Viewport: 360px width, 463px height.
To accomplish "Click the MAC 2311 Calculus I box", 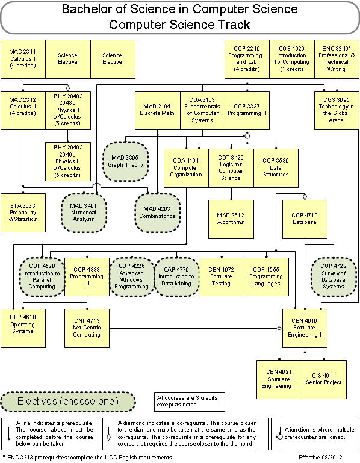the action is coord(23,59).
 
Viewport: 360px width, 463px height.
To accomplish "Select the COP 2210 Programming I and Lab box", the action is coord(247,59).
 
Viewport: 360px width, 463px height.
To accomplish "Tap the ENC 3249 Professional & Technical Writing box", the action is coord(337,59).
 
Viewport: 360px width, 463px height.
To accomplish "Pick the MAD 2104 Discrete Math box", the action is coord(157,110).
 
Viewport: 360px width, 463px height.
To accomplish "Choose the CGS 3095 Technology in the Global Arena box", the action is coord(337,110).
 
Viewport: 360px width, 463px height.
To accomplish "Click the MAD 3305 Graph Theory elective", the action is coord(125,161).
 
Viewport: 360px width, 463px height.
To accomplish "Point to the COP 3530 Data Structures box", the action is coord(276,168).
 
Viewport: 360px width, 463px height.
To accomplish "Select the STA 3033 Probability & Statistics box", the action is coord(23,213).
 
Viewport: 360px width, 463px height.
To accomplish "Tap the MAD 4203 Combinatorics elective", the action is coord(157,213).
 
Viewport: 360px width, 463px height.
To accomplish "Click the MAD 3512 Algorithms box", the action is coord(231,219).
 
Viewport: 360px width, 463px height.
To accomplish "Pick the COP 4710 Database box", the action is coord(305,219).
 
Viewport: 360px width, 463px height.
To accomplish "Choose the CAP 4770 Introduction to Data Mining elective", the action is coord(176,277).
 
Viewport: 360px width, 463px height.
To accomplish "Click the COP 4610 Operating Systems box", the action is coord(23,328).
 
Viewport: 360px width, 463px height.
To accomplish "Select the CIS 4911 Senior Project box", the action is coord(324,379).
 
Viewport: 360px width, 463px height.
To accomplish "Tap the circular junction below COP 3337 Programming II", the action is coord(247,136).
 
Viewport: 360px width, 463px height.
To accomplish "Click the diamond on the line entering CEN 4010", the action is coord(279,328).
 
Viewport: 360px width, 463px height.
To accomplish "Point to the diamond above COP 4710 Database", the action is coord(305,197).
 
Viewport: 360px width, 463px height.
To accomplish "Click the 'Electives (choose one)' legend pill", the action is coord(68,402).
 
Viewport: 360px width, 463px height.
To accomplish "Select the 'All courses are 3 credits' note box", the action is coord(189,402).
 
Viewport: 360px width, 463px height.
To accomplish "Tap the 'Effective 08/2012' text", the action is coord(320,458).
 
